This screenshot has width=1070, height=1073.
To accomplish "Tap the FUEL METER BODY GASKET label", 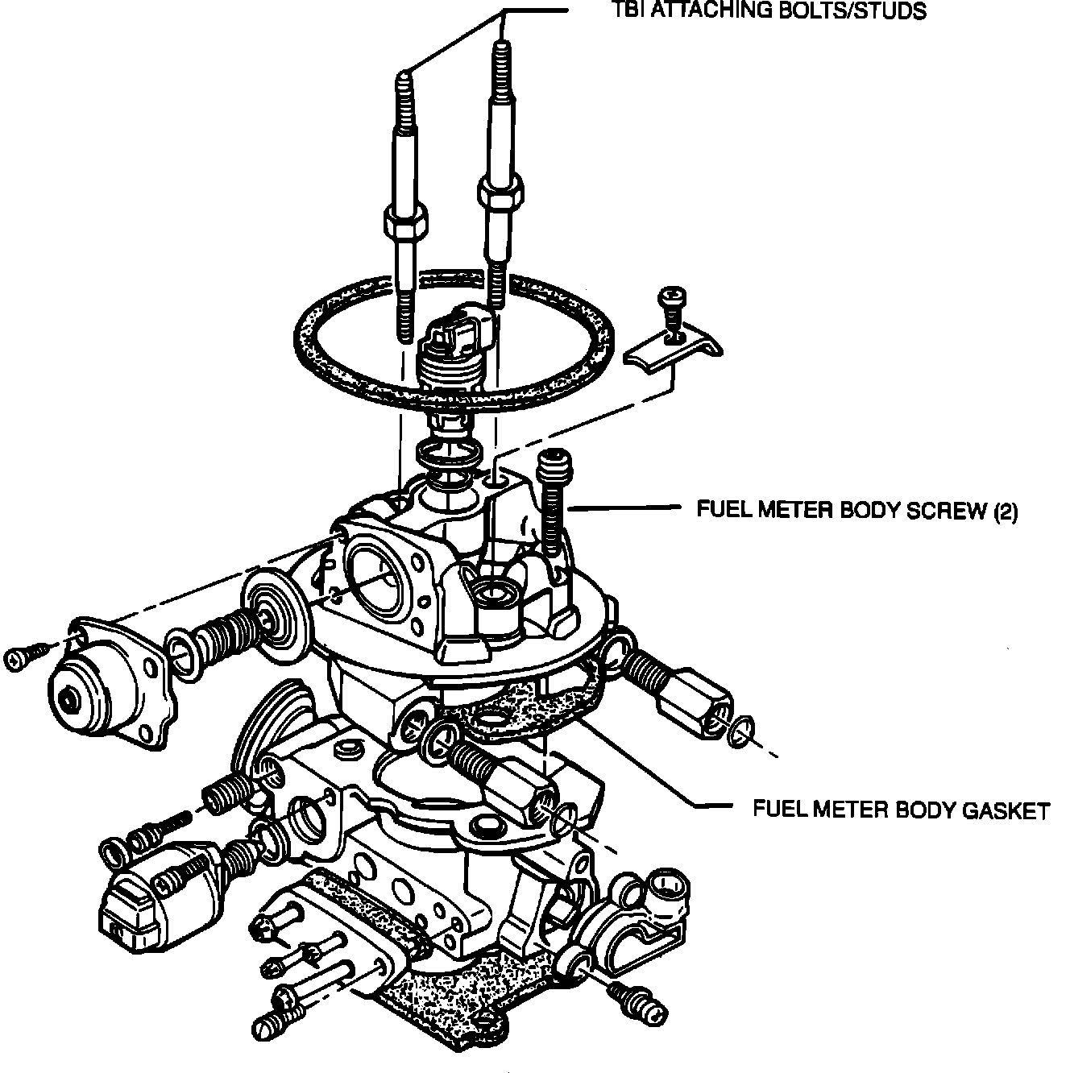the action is pyautogui.click(x=901, y=809).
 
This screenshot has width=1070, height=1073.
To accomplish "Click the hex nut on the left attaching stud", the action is pyautogui.click(x=405, y=222).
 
